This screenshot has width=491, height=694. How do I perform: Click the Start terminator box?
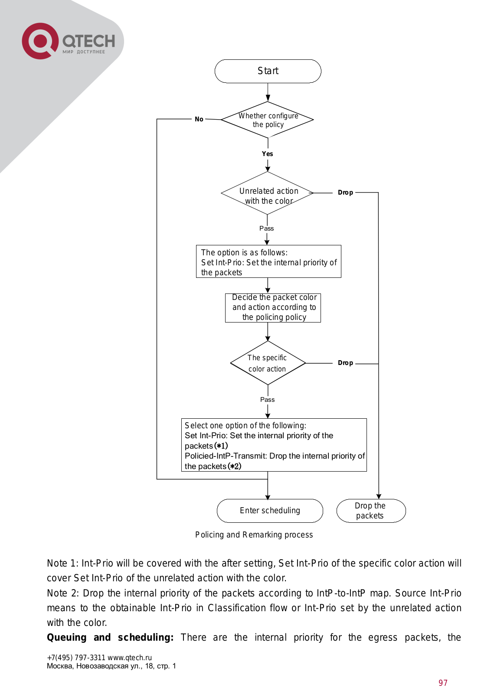[x=268, y=71]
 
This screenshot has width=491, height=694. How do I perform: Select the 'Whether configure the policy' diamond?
[x=267, y=120]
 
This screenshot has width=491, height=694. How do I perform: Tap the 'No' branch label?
[x=199, y=119]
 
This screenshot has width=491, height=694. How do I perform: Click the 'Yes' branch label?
[x=267, y=154]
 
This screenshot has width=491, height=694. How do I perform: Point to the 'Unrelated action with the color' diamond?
[x=267, y=193]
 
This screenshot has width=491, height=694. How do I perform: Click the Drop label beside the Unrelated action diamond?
[x=345, y=192]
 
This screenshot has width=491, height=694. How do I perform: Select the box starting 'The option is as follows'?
[x=268, y=261]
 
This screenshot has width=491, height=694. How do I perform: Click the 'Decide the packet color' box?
[x=273, y=308]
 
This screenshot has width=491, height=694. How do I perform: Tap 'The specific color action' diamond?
[x=268, y=363]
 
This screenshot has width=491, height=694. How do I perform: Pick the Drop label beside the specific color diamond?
[x=345, y=363]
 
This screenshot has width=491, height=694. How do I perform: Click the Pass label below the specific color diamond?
[x=267, y=400]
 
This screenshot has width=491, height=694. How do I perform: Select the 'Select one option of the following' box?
[x=274, y=445]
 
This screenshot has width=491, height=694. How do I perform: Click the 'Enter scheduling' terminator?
[x=270, y=511]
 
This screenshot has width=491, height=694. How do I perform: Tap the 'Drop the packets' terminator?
[x=371, y=511]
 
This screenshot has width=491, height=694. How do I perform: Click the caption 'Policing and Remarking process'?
[x=254, y=535]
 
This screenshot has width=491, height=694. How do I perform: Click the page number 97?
[x=443, y=683]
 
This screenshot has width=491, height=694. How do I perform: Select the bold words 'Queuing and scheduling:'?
[x=110, y=637]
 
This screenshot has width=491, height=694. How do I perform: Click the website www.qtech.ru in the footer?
[x=130, y=658]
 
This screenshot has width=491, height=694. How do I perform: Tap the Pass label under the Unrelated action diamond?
[x=267, y=228]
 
